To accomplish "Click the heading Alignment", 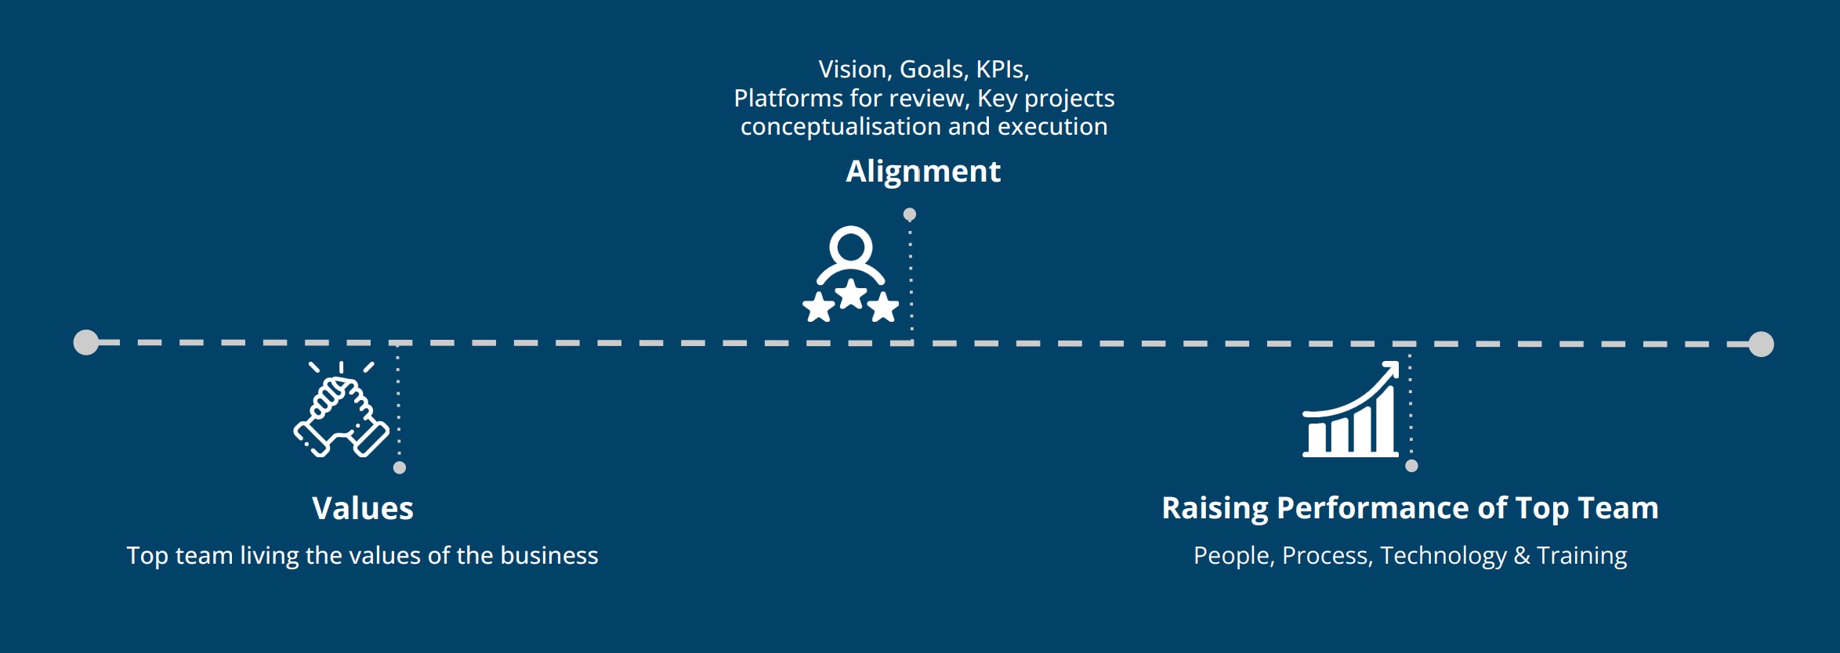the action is click(923, 171).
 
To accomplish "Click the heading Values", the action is click(363, 508).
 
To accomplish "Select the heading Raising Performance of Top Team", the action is click(1410, 508).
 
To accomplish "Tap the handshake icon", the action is click(341, 409).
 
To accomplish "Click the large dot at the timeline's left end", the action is click(86, 342).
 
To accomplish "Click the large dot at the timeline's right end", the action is click(1761, 344).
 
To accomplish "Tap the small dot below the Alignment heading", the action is click(910, 215).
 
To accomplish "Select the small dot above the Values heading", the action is click(400, 467).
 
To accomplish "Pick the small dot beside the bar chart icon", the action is click(1412, 466).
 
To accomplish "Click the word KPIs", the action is click(1002, 70).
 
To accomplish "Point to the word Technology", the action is click(1443, 556).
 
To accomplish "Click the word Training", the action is click(1582, 556).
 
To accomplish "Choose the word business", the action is click(549, 556).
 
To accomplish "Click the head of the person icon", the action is click(851, 246).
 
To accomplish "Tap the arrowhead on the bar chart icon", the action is click(1390, 369).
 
